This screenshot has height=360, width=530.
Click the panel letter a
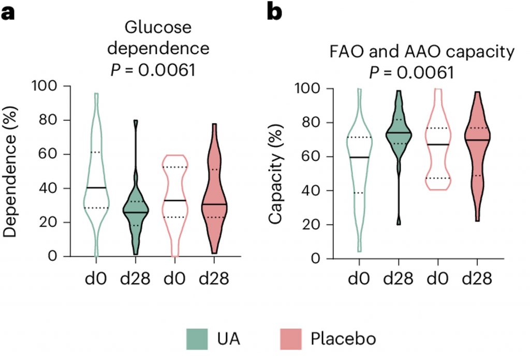[8, 11]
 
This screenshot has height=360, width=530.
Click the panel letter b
[274, 11]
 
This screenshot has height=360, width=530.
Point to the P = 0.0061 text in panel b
[412, 73]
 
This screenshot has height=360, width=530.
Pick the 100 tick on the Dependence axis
[47, 86]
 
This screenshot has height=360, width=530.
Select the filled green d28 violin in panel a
[136, 212]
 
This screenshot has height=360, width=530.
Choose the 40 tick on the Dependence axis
[52, 188]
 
